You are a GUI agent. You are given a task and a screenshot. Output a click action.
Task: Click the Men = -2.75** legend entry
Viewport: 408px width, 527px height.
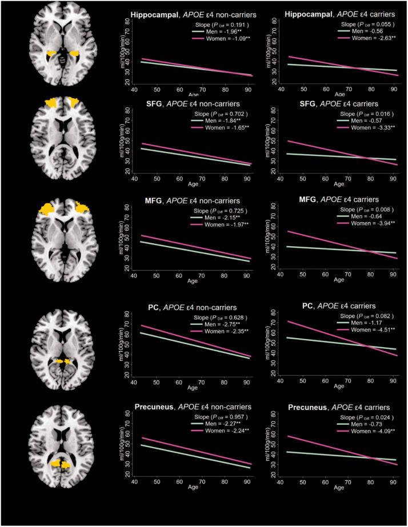(223, 322)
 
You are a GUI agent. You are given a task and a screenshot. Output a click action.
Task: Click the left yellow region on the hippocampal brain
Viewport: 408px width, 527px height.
(52, 54)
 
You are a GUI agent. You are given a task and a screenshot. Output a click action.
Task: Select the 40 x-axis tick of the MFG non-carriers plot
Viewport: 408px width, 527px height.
(134, 276)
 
